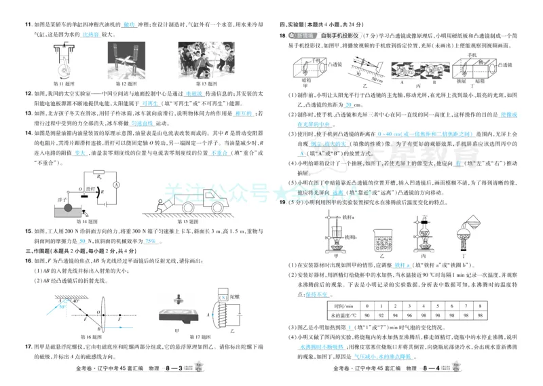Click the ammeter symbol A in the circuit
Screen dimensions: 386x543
pos(116,184)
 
